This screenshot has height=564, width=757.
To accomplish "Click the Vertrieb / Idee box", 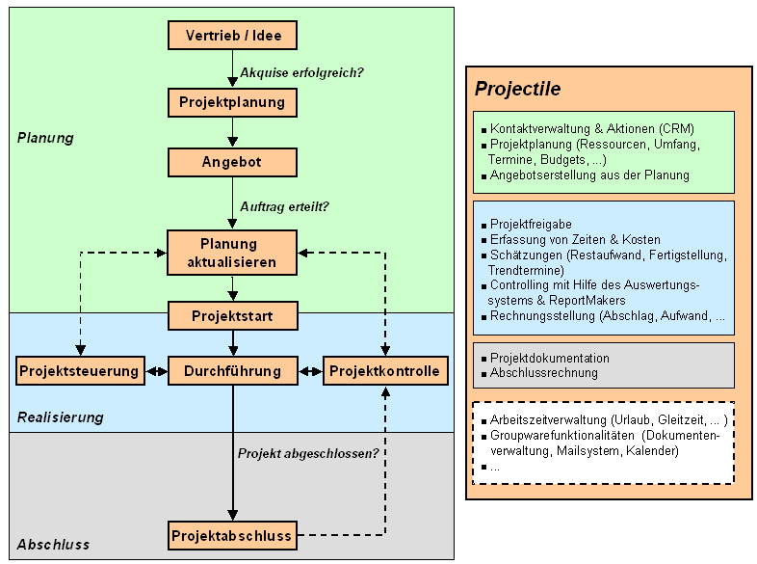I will [232, 36].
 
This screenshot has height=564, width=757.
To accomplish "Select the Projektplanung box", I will [232, 101].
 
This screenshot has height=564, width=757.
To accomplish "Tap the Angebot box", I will [232, 162].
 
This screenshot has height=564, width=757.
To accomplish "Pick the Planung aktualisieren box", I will [232, 252].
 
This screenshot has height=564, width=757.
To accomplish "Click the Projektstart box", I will [232, 316].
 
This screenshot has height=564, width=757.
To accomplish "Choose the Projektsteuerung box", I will [79, 371].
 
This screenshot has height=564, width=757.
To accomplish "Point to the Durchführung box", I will [232, 371].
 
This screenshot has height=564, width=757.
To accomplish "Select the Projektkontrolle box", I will [385, 371].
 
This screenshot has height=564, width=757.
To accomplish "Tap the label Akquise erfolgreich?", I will [301, 71].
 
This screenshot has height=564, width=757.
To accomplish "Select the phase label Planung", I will [45, 138].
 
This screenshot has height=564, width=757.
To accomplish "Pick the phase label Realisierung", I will [60, 417].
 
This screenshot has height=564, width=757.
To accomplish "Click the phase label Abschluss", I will [53, 545].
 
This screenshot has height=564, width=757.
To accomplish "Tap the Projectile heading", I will [518, 90].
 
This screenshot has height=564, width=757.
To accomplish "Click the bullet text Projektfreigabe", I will [531, 224].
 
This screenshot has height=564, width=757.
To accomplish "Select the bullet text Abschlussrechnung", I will [543, 373].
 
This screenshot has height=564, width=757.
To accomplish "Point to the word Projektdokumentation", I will [549, 359].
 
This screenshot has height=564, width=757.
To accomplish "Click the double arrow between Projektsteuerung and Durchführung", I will [156, 371].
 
